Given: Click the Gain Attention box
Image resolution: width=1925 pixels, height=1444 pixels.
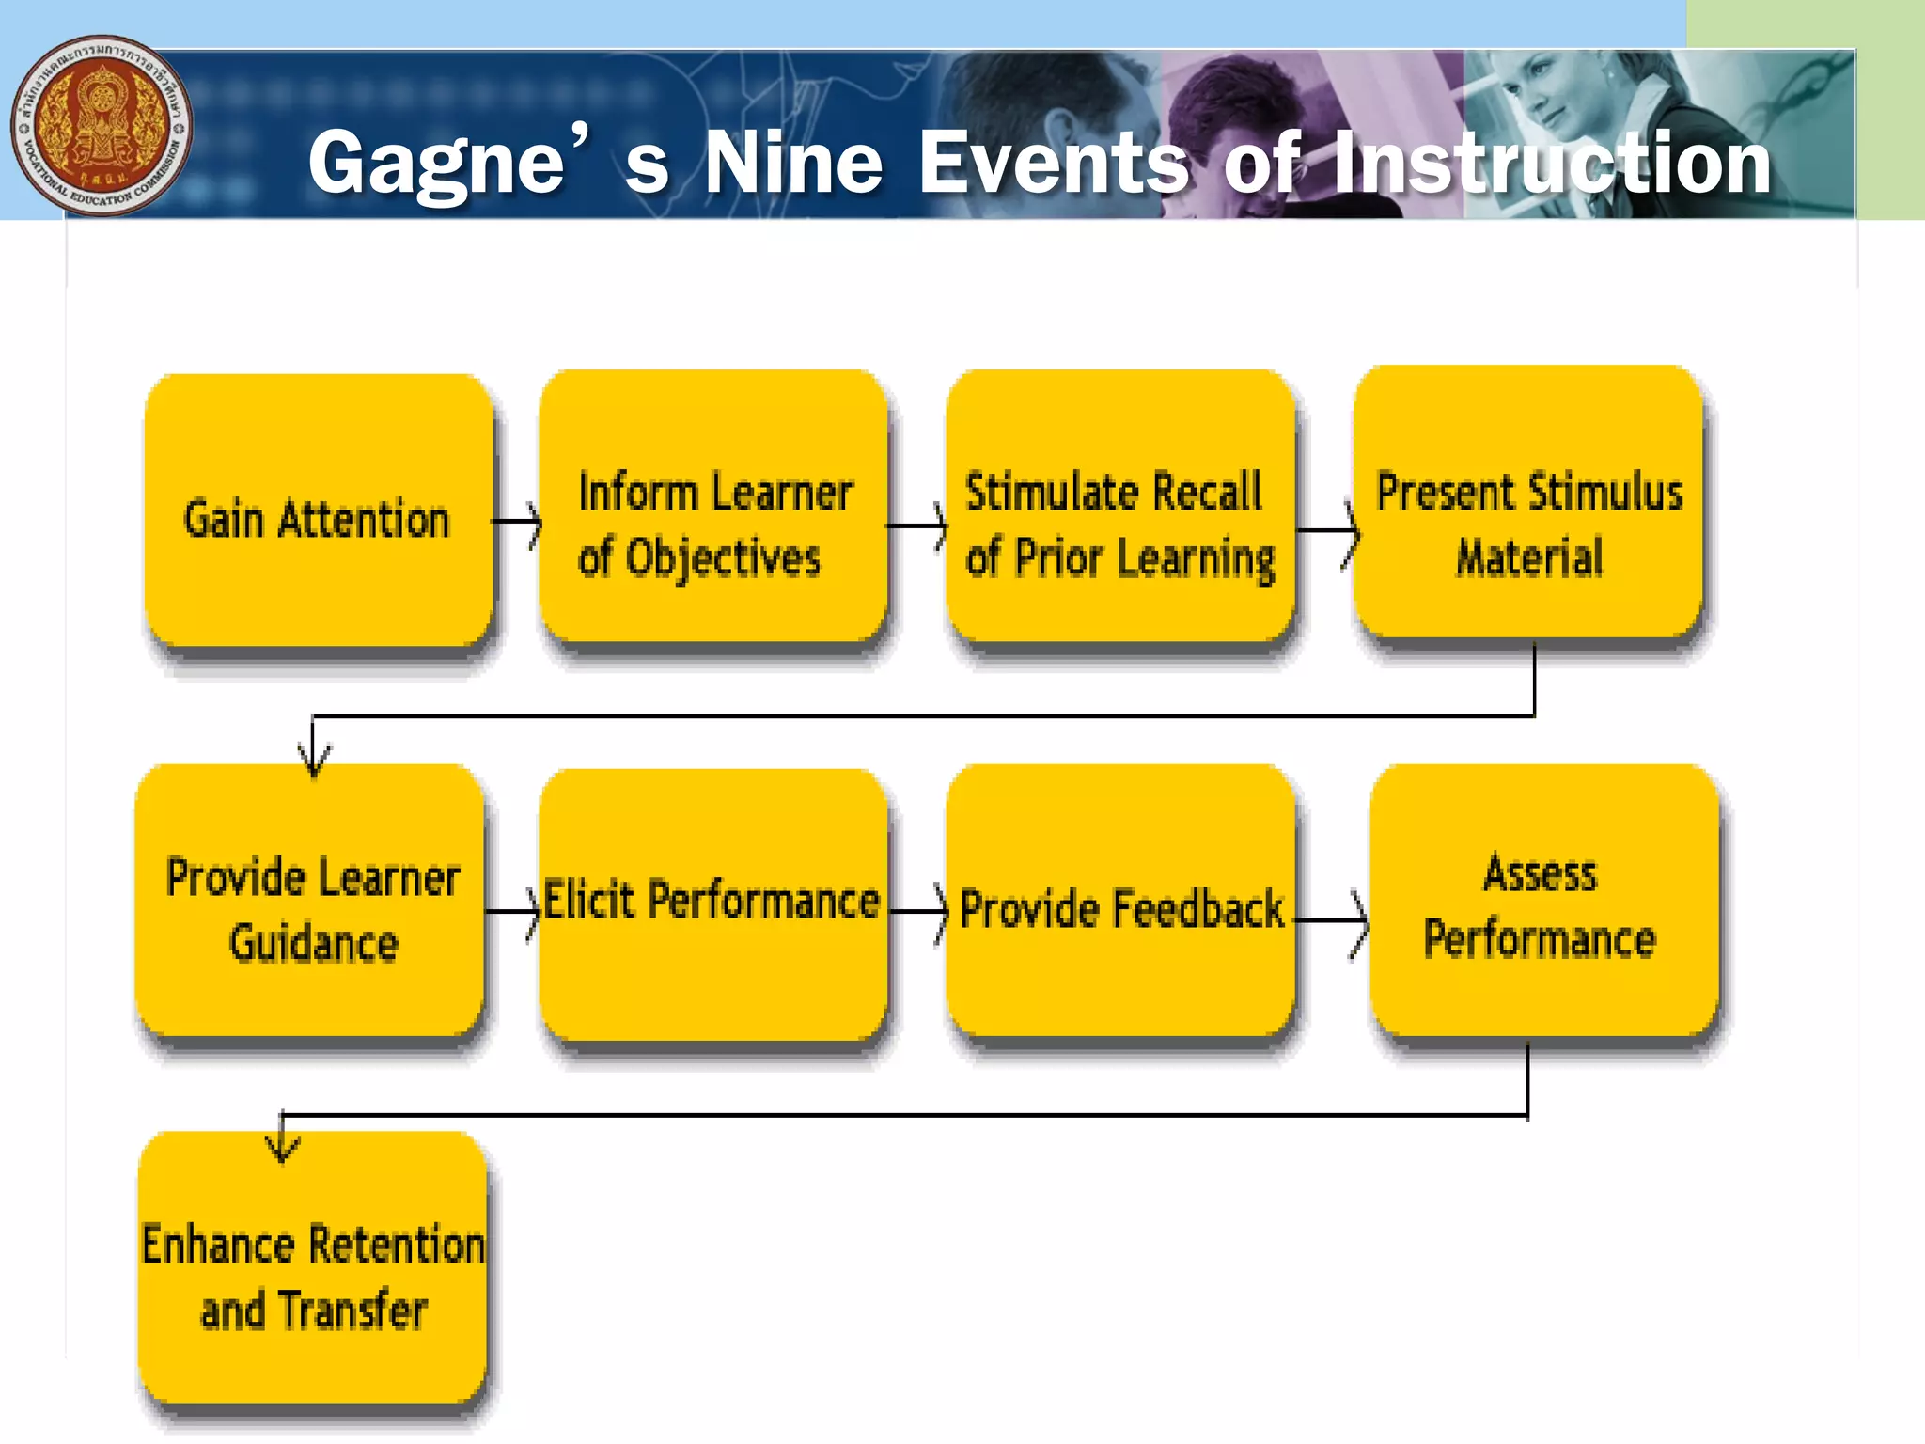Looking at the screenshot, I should [x=318, y=512].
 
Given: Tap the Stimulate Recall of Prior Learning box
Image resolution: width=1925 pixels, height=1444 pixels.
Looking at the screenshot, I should [x=1120, y=508].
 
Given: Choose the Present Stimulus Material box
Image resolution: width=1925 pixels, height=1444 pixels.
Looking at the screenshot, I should [x=1528, y=504].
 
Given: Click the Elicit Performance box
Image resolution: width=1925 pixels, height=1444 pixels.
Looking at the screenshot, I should [x=712, y=904].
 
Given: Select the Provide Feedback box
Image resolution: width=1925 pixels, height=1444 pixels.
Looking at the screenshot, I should [x=1120, y=902].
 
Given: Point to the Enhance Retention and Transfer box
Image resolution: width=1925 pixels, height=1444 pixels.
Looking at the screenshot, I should [x=313, y=1269].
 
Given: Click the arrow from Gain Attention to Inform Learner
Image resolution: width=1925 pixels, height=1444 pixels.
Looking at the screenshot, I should [x=518, y=522].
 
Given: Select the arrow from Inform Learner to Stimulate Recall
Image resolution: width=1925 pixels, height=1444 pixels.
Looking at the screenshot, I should [x=917, y=526].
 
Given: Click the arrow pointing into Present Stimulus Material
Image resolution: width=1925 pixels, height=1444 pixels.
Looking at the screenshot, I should [x=1328, y=531].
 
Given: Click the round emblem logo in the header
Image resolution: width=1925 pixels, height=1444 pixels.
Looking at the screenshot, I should [x=102, y=126].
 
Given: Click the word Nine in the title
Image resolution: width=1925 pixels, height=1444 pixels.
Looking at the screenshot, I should [x=794, y=163].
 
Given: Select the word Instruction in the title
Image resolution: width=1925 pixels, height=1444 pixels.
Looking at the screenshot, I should [x=1551, y=163].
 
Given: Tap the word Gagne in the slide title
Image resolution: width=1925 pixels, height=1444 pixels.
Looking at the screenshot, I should [x=437, y=165].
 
